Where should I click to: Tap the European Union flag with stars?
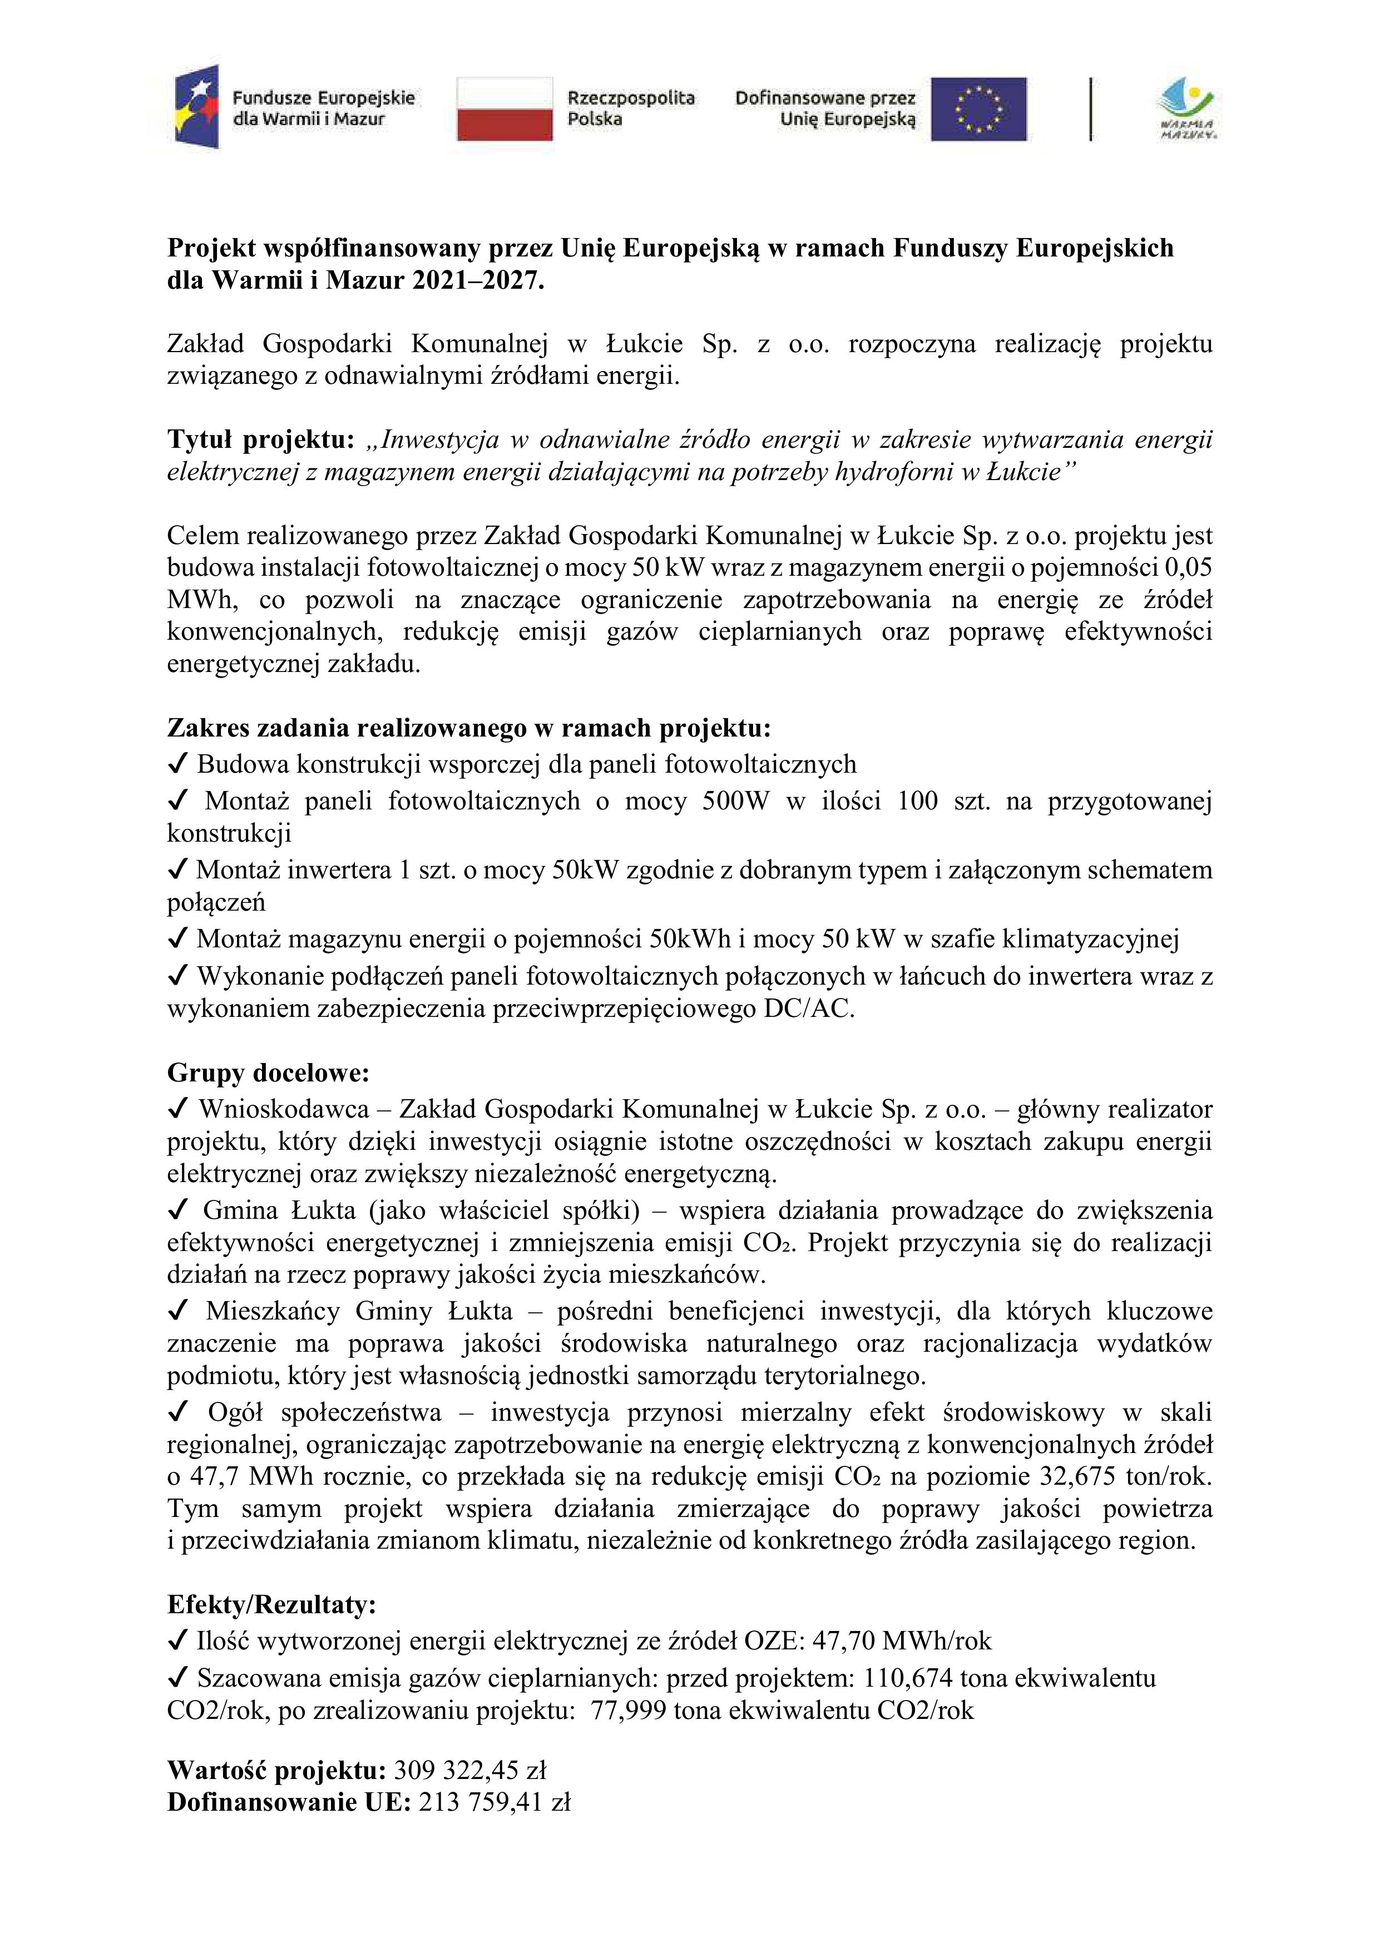(x=978, y=109)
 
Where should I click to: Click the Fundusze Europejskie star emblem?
(x=196, y=106)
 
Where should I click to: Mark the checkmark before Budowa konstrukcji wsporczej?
(x=179, y=765)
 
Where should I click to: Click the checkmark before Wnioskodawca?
(x=179, y=1109)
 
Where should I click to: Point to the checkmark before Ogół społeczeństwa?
(x=179, y=1413)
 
